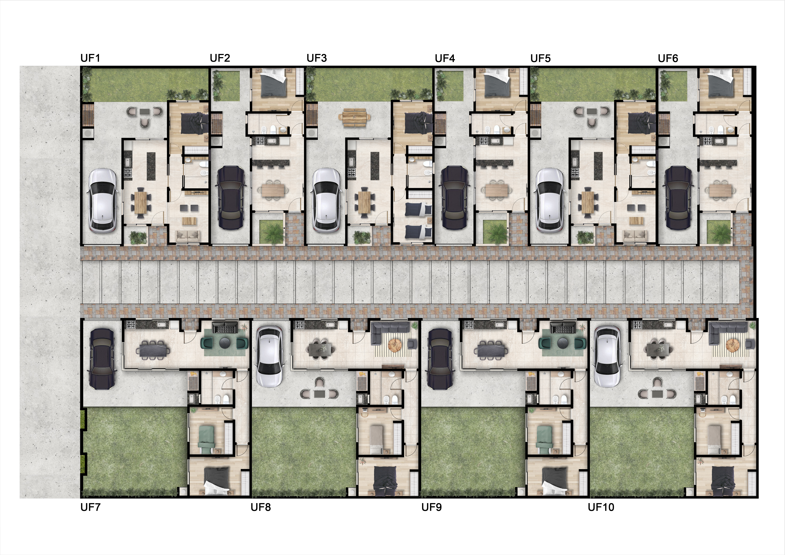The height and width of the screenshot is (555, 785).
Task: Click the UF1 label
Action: (x=90, y=58)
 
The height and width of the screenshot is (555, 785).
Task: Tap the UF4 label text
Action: (x=445, y=59)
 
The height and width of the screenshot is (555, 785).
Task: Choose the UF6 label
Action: (x=668, y=59)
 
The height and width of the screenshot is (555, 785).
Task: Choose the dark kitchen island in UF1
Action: (x=151, y=166)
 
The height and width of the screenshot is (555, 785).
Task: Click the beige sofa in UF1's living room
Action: (x=188, y=236)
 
